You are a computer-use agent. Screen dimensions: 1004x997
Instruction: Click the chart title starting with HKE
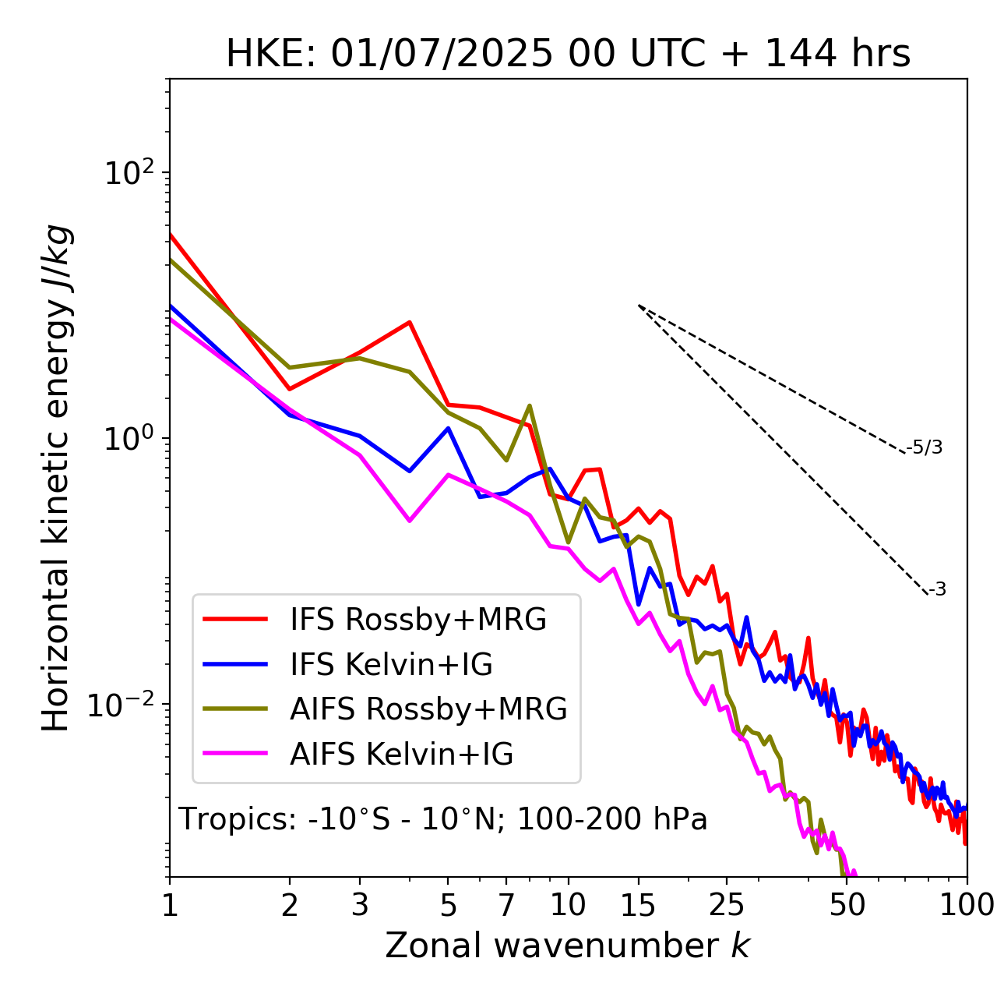tap(568, 54)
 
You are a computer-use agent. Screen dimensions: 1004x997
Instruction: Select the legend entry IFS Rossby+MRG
tap(417, 620)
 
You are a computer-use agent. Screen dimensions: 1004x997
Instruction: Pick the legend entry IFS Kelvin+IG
tap(391, 665)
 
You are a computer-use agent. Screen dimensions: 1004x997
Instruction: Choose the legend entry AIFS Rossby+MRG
tap(428, 709)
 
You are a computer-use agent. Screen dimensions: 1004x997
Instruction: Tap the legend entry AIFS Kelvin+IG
tap(401, 755)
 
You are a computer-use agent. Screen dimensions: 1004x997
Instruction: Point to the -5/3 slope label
tap(925, 447)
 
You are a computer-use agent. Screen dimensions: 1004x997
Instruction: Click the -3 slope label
tap(937, 589)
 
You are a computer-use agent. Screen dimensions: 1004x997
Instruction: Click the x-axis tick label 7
tap(506, 905)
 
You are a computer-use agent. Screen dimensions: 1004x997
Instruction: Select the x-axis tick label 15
tap(639, 905)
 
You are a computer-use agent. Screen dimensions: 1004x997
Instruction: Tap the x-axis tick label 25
tap(727, 905)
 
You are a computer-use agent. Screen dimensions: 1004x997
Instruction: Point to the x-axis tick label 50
tap(847, 905)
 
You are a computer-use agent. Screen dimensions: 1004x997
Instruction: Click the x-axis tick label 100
tap(967, 905)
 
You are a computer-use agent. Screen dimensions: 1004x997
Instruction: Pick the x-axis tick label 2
tap(290, 905)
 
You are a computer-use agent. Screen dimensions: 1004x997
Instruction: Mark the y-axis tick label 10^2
tap(128, 172)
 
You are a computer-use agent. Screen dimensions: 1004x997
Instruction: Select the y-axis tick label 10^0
tap(128, 439)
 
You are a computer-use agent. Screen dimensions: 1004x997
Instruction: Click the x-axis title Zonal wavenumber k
tap(568, 946)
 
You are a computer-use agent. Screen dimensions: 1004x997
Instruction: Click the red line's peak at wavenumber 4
tap(410, 322)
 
